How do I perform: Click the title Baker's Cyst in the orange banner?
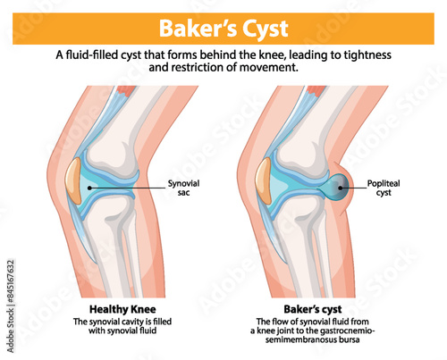point(223,25)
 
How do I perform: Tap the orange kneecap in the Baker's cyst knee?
point(265,178)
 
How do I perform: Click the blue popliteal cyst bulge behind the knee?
point(337,186)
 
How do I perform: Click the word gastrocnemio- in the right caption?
point(350,331)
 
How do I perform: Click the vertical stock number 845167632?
point(10,299)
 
